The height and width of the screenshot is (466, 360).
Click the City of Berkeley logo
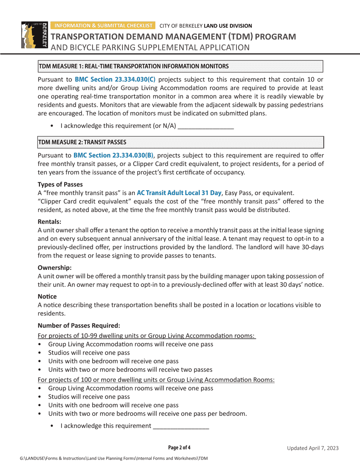[33, 35]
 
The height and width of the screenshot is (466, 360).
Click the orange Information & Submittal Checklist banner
[103, 26]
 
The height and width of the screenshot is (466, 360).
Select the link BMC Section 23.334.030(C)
[115, 80]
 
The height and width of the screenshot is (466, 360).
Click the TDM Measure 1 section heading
[133, 66]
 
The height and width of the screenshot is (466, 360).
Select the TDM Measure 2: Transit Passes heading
[82, 142]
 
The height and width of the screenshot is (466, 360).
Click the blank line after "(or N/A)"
[206, 126]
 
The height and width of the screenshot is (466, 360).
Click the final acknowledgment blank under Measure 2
[181, 426]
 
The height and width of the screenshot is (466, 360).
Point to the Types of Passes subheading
[60, 185]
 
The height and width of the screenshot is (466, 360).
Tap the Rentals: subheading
[50, 222]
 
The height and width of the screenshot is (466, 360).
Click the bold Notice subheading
[47, 296]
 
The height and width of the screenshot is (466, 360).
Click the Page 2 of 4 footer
[179, 448]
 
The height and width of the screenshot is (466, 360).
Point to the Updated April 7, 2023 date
[312, 448]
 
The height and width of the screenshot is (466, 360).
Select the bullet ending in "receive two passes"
[130, 369]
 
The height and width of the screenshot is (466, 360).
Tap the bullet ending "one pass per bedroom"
[147, 413]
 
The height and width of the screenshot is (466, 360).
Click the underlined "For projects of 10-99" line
[147, 336]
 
